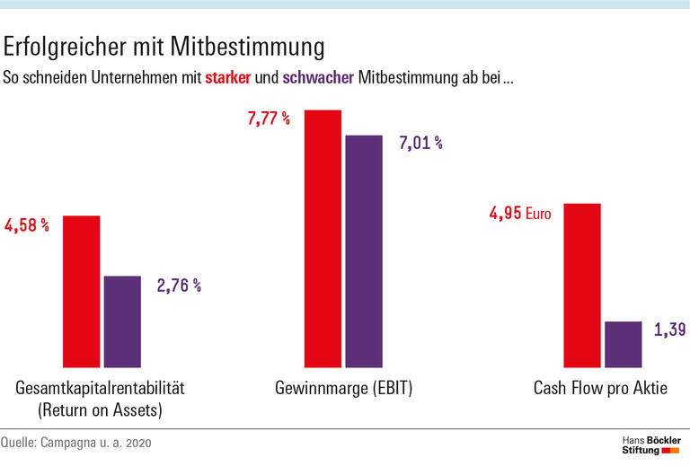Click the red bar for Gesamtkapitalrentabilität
click(x=81, y=292)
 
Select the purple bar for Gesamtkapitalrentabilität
click(x=122, y=321)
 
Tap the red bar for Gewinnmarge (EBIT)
click(x=323, y=239)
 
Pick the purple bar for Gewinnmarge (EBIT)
click(x=364, y=251)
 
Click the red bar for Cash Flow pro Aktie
click(x=581, y=286)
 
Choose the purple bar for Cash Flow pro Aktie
click(x=623, y=344)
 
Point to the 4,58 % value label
click(x=27, y=224)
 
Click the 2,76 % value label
click(x=179, y=286)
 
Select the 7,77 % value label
click(x=268, y=118)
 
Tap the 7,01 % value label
click(x=420, y=142)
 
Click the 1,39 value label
click(x=670, y=330)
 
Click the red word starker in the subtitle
click(x=227, y=77)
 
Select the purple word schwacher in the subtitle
click(x=318, y=77)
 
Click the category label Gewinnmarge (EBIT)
click(x=343, y=389)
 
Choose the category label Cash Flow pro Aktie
click(x=601, y=389)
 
